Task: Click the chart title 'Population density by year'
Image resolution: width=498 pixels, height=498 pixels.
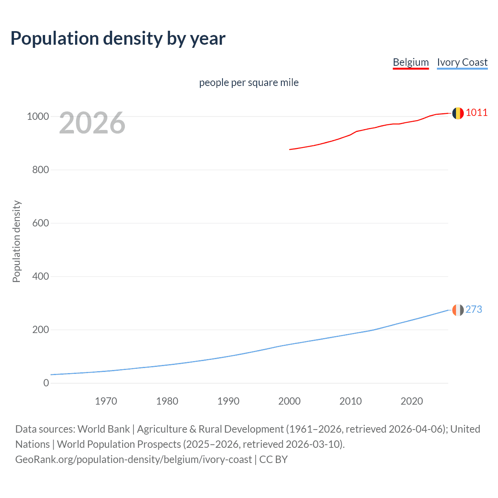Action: point(118,39)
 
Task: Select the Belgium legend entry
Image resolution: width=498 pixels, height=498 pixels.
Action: point(410,62)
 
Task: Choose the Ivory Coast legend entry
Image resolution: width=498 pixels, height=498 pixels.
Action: point(462,62)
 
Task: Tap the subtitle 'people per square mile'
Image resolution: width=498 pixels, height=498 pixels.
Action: point(249,82)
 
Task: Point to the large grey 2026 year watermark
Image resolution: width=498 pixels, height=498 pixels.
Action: point(92,123)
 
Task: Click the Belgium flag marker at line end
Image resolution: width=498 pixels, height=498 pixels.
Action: point(458,113)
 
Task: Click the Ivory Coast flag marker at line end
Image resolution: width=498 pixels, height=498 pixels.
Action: point(458,310)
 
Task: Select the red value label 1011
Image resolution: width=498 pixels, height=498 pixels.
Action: point(477,113)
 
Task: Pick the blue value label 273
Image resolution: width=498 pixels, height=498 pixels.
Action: point(473,309)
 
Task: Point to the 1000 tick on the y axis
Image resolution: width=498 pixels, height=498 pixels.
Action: point(38,117)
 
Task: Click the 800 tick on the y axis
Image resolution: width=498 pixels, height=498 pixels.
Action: point(40,170)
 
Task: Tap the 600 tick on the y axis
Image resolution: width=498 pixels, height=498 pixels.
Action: point(40,223)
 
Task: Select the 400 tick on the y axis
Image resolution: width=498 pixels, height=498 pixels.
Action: point(40,277)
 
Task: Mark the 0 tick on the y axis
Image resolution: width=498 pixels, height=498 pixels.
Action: point(46,383)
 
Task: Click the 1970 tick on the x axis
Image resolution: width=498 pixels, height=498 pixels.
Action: point(106,401)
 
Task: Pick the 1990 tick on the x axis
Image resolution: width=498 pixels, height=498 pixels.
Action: point(228,401)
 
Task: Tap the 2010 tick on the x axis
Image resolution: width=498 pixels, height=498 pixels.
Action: point(351,401)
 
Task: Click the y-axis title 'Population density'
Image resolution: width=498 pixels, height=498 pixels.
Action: point(16,241)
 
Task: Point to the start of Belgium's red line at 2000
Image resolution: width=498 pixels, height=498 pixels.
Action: point(290,149)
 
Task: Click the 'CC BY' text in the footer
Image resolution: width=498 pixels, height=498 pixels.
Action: point(274,459)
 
